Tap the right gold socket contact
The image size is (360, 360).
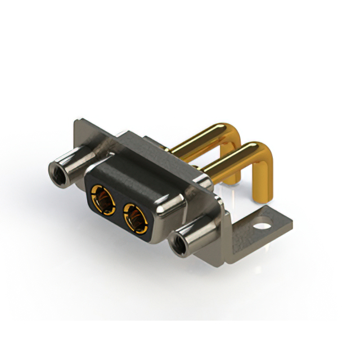pos(135,217)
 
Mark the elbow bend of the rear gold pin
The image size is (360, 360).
pos(236,133)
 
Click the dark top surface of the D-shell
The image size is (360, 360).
pos(141,174)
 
